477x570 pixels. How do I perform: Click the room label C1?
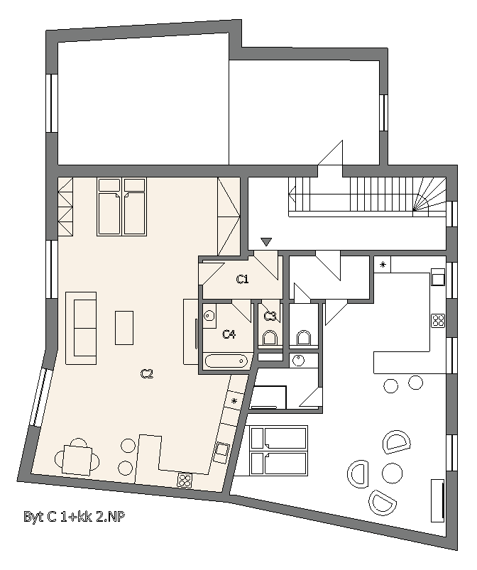click(242, 280)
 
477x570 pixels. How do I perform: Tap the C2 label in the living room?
click(147, 374)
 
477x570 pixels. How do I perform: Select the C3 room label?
click(270, 316)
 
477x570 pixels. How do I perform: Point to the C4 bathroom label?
click(229, 334)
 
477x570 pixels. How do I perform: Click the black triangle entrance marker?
click(266, 243)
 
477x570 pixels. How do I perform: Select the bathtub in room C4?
click(227, 362)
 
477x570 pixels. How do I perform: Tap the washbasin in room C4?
click(209, 316)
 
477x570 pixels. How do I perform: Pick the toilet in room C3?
click(270, 337)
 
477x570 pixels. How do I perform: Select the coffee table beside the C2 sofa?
click(124, 327)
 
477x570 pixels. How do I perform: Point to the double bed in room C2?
click(122, 207)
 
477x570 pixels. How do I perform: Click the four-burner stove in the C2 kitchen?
click(185, 481)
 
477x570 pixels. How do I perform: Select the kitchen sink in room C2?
click(221, 451)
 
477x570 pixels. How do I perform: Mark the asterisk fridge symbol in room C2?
click(235, 402)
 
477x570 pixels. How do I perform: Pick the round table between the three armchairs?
click(391, 471)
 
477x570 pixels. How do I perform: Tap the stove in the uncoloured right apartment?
click(437, 320)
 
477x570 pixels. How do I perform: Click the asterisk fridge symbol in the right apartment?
click(382, 265)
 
